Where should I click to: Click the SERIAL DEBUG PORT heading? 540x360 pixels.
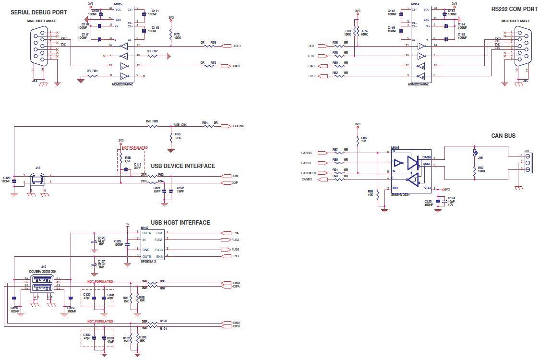point(39,12)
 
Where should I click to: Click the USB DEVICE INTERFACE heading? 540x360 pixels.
point(183,166)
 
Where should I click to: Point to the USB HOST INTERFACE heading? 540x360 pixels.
point(180,223)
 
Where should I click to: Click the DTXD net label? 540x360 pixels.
point(236,46)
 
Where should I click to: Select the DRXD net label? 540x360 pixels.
point(236,66)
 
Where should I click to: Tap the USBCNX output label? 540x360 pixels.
point(238,126)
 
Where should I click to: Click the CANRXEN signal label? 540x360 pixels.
point(308,173)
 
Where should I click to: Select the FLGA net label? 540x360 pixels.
point(235,239)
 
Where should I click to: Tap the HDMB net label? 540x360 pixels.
point(235,323)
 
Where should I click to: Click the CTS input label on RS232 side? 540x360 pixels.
point(311,76)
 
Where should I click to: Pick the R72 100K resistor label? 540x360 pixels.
point(177,36)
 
